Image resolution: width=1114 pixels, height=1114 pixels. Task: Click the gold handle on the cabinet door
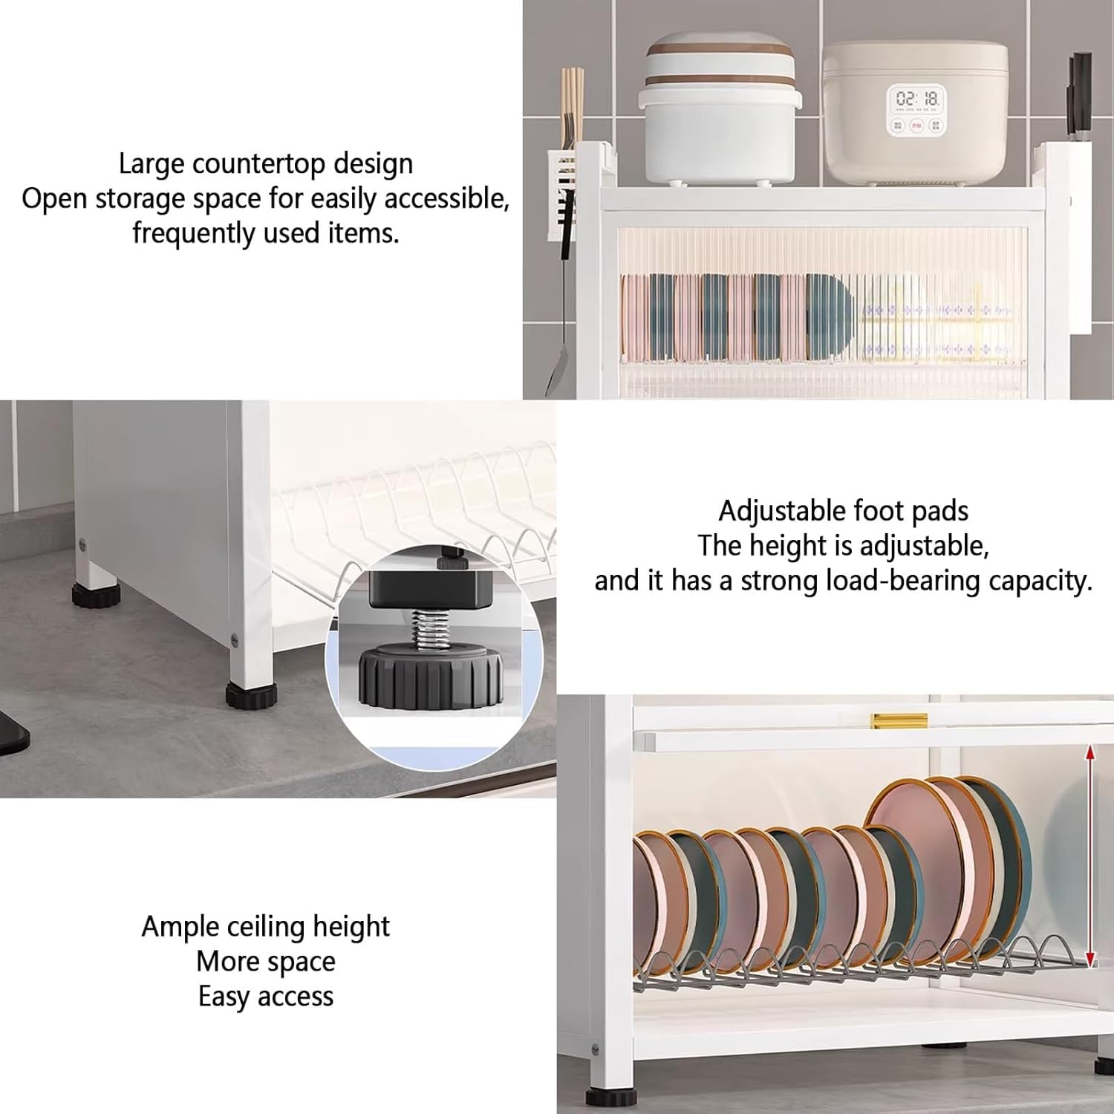899,720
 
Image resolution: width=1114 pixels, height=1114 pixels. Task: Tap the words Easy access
266,996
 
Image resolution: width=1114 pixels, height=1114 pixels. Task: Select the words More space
266,962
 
